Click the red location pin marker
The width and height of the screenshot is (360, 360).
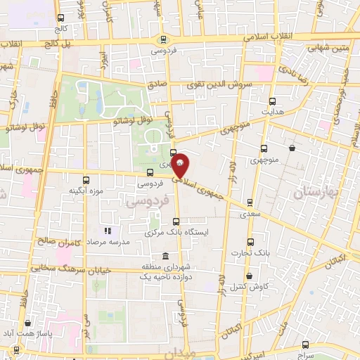click(x=180, y=165)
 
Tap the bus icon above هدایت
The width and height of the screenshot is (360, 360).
click(x=265, y=101)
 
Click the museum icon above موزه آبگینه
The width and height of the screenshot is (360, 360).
click(x=86, y=180)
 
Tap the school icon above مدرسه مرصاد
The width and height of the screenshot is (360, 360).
click(x=108, y=231)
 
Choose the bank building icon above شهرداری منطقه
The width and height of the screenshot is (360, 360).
click(x=165, y=256)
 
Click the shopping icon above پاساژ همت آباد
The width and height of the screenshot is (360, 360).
click(x=27, y=323)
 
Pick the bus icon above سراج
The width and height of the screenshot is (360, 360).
click(x=305, y=344)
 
